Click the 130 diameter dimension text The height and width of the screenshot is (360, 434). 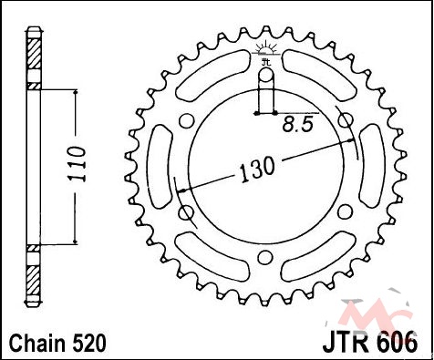pos(257,170)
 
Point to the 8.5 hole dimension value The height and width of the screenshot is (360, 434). pos(297,124)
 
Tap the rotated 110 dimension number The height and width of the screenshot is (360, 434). pos(76,164)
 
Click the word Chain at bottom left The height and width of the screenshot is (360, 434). pos(37,344)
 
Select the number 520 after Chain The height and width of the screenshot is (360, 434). pos(88,344)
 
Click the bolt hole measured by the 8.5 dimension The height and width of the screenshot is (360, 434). pos(266,75)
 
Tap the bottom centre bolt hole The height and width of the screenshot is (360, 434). pos(265,257)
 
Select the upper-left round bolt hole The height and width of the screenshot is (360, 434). pos(186,120)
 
